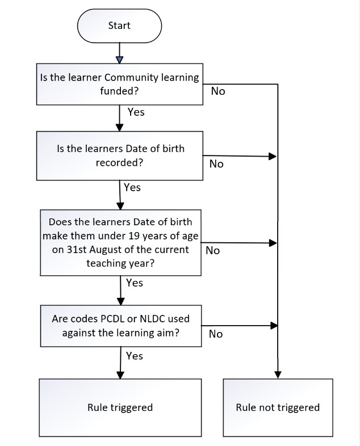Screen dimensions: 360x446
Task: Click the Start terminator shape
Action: pos(119,26)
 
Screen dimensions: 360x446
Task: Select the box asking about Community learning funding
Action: pos(119,84)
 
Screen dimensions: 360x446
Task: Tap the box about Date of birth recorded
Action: pos(119,155)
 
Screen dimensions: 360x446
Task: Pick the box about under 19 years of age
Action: pos(121,243)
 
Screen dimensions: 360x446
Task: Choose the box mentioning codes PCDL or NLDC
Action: pos(121,326)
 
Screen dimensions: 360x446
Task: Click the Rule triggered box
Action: pos(120,407)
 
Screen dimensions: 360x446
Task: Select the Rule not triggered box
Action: pos(278,407)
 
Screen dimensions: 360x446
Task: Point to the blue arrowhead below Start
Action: pos(120,60)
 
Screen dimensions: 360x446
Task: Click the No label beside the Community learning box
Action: pos(218,91)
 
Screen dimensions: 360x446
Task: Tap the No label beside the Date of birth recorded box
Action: pos(216,164)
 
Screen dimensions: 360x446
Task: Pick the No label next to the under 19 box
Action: pos(212,251)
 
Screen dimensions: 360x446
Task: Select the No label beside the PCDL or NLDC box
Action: pos(216,334)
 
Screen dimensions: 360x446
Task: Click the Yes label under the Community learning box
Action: pos(136,112)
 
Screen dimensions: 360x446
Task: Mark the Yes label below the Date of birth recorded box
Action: pos(132,187)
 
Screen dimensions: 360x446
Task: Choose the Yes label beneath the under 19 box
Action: pos(135,283)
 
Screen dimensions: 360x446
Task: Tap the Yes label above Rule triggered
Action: pos(135,356)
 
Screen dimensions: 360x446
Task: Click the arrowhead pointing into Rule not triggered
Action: pos(278,375)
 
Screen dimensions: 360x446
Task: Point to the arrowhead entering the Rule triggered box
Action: pos(120,375)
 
